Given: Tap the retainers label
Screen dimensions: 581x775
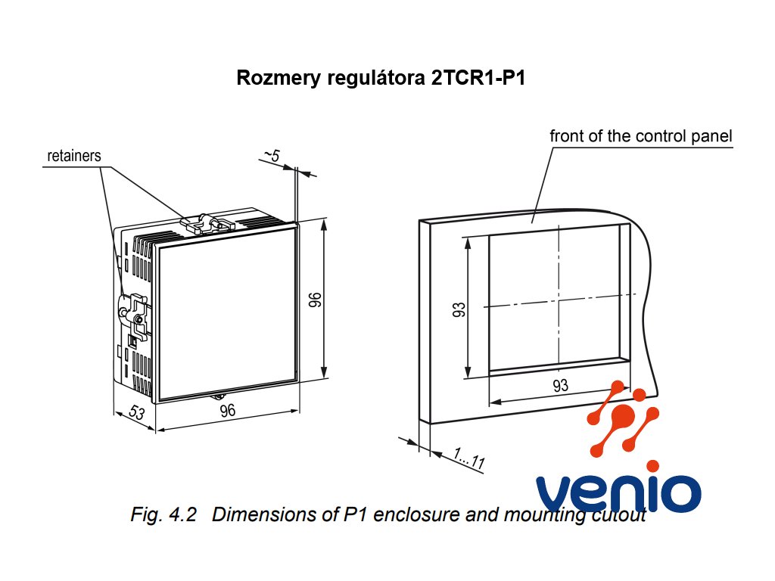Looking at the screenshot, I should (x=74, y=157).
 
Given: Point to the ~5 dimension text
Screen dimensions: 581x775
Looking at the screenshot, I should (x=272, y=156).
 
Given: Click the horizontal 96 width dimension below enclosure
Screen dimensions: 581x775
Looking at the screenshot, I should (x=228, y=411).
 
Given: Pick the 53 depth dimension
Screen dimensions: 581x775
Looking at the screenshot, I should (x=137, y=413).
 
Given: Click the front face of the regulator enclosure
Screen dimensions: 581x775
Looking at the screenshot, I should (x=226, y=312).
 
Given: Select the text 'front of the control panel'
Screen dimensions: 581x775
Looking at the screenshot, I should (x=640, y=137).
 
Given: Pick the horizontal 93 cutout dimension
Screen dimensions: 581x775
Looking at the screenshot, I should (x=560, y=386).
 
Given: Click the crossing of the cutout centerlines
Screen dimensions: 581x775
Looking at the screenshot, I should (x=559, y=305).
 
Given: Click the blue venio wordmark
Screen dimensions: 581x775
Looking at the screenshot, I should (x=618, y=492).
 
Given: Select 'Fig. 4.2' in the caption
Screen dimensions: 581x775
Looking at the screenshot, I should (x=163, y=516).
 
